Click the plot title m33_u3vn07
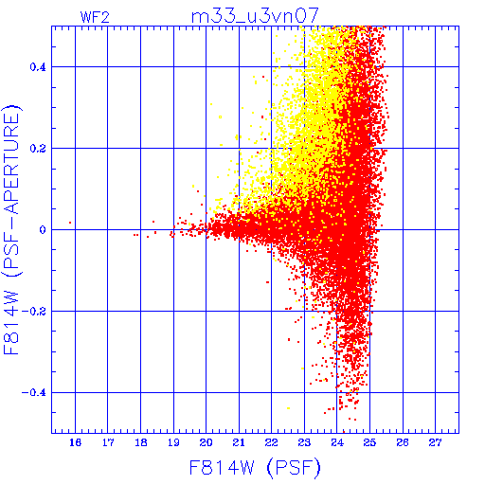pyautogui.click(x=255, y=15)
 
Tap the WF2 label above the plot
pyautogui.click(x=95, y=17)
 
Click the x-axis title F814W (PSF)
pyautogui.click(x=255, y=467)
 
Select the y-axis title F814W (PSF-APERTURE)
pyautogui.click(x=12, y=229)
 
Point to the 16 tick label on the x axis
pyautogui.click(x=75, y=442)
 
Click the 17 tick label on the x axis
pyautogui.click(x=108, y=442)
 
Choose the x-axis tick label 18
pyautogui.click(x=141, y=442)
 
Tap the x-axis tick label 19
pyautogui.click(x=173, y=442)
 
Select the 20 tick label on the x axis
pyautogui.click(x=207, y=442)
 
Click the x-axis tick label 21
pyautogui.click(x=239, y=442)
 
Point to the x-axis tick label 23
pyautogui.click(x=304, y=442)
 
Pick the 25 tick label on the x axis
pyautogui.click(x=369, y=442)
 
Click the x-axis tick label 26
pyautogui.click(x=403, y=442)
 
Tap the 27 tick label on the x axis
pyautogui.click(x=436, y=442)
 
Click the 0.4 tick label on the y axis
pyautogui.click(x=38, y=67)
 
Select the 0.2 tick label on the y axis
pyautogui.click(x=38, y=149)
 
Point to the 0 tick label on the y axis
pyautogui.click(x=43, y=230)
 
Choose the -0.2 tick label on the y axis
pyautogui.click(x=34, y=312)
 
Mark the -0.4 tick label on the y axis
pyautogui.click(x=34, y=393)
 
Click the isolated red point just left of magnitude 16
pyautogui.click(x=70, y=223)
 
